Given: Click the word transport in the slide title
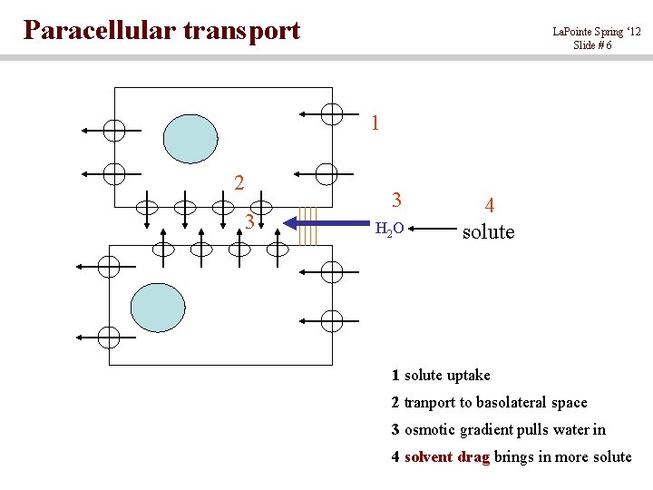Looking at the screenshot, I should point(241,32).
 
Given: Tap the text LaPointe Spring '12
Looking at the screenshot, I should point(596,32).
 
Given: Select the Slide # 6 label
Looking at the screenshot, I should point(591,45).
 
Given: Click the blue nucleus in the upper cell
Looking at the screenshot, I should point(190,139).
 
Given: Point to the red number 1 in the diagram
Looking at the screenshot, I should point(375,122).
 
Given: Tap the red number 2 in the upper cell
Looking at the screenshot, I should point(239,182).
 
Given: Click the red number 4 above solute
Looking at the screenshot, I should point(489,207).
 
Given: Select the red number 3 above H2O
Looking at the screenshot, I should point(396,199).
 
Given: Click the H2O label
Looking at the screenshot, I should point(389,229).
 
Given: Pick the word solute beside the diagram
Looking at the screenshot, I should point(488,231).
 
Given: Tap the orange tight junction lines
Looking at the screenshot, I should point(308,226).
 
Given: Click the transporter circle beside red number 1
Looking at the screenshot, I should point(332,114).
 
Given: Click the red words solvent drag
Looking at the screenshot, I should point(446,456).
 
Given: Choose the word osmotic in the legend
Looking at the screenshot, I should point(429,429).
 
